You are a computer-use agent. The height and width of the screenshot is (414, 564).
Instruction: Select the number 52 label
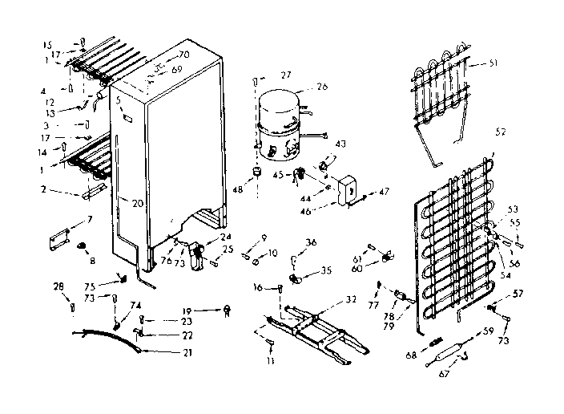coord(501,131)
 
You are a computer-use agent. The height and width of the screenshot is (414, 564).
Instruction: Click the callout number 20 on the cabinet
coord(138,203)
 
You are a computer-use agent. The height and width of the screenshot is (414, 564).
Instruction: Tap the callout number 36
coord(311,243)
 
